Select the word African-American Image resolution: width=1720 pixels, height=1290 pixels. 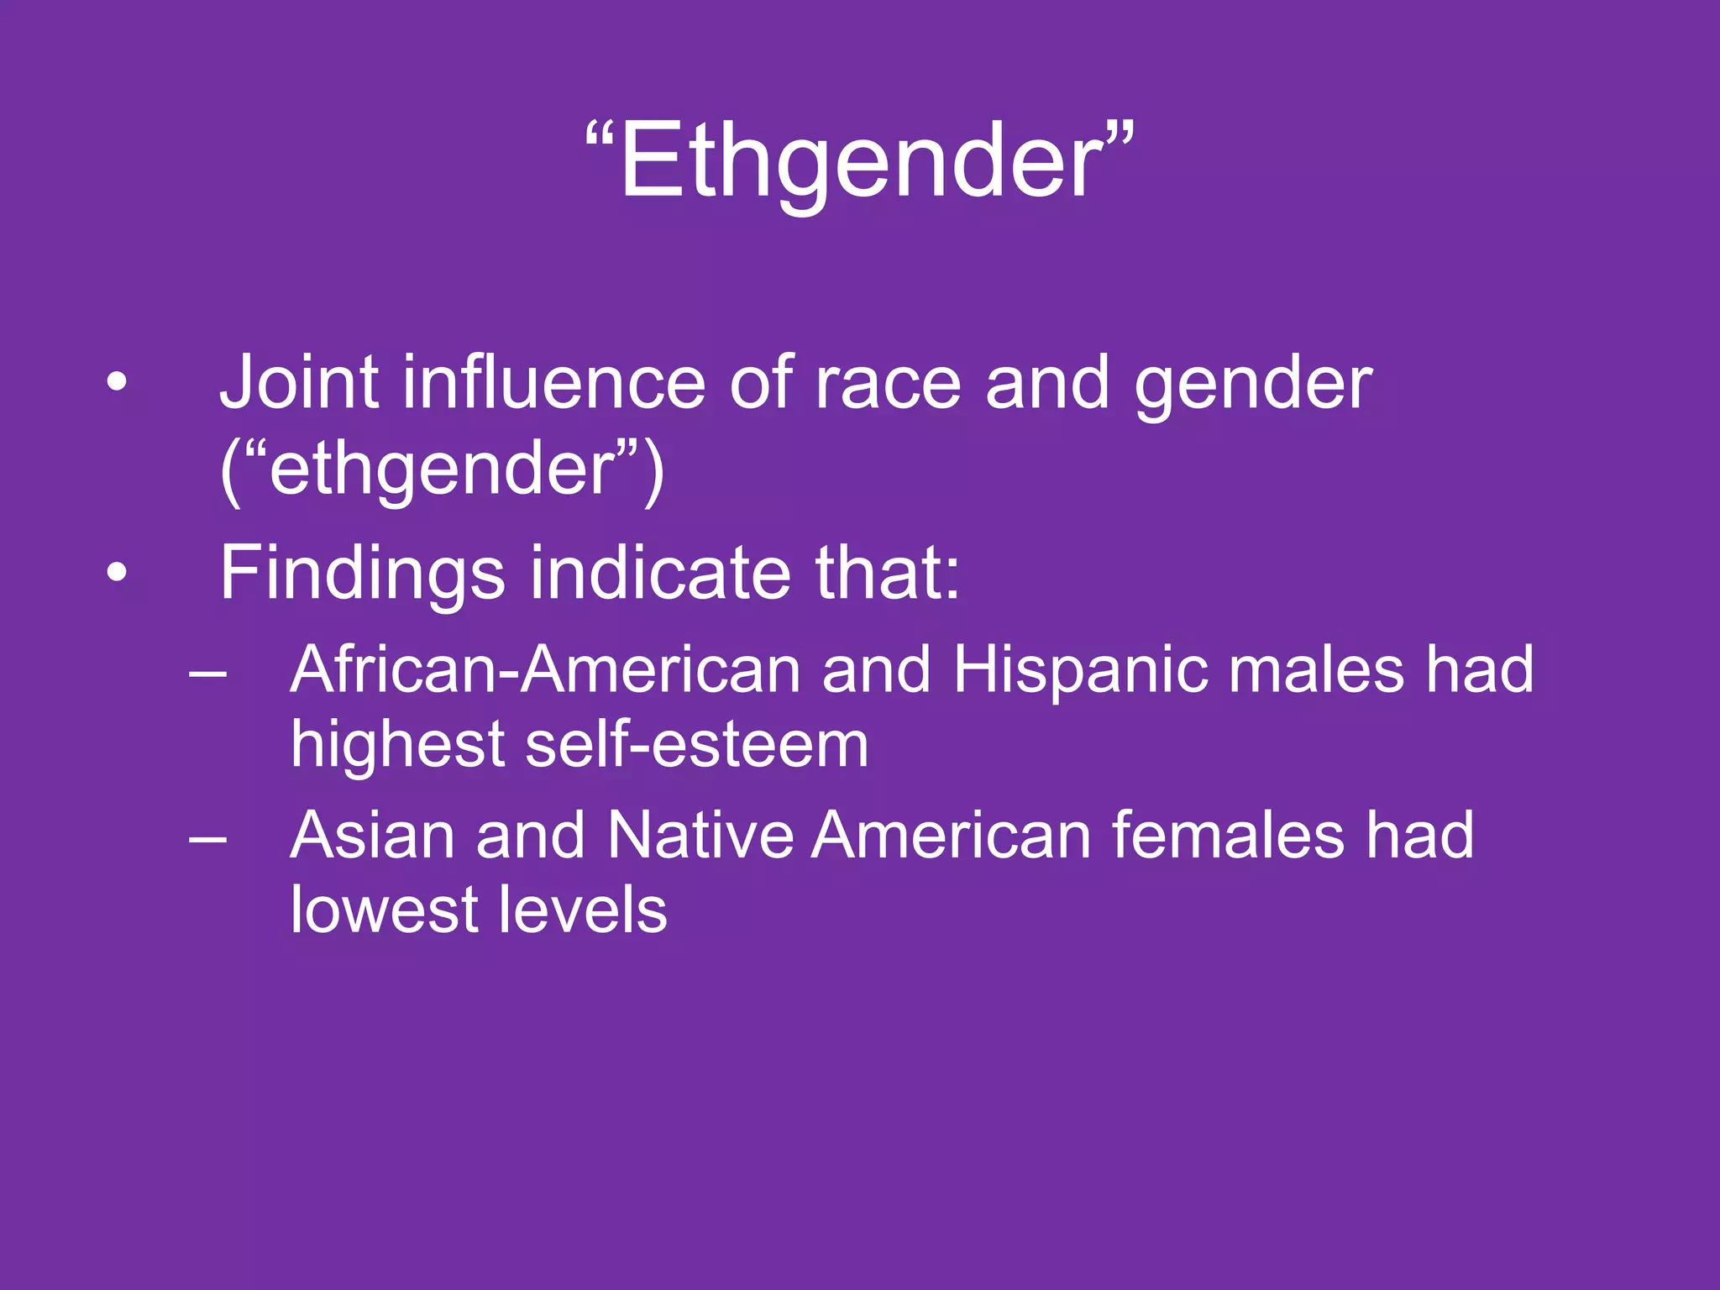pyautogui.click(x=546, y=669)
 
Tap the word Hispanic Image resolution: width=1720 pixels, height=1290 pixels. pyautogui.click(x=1080, y=671)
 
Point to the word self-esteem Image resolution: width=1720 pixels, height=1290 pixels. pyautogui.click(x=697, y=744)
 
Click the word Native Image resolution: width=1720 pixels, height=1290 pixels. pyautogui.click(x=700, y=835)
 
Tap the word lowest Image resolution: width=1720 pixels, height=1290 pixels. pyautogui.click(x=383, y=910)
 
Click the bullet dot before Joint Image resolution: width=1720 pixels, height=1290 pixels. pyautogui.click(x=117, y=384)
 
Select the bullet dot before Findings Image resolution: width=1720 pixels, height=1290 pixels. pyautogui.click(x=117, y=574)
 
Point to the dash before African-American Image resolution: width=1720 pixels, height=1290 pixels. pyautogui.click(x=207, y=672)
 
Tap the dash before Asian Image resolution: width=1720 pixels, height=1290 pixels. pyautogui.click(x=207, y=837)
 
